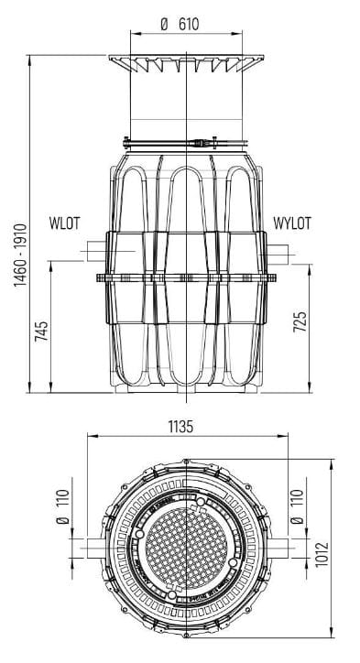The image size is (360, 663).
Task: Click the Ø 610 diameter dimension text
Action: point(180,24)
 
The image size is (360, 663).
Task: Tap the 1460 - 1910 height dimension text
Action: point(20,255)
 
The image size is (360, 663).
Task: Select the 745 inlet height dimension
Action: point(41,331)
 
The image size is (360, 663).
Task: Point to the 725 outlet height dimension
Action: point(300,321)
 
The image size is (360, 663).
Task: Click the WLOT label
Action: point(64,223)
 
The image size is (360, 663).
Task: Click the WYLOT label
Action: point(292,223)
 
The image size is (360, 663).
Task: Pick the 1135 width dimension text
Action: point(180,427)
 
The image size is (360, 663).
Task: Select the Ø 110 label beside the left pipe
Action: point(62,506)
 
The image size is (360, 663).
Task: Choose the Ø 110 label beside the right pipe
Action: point(298,506)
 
